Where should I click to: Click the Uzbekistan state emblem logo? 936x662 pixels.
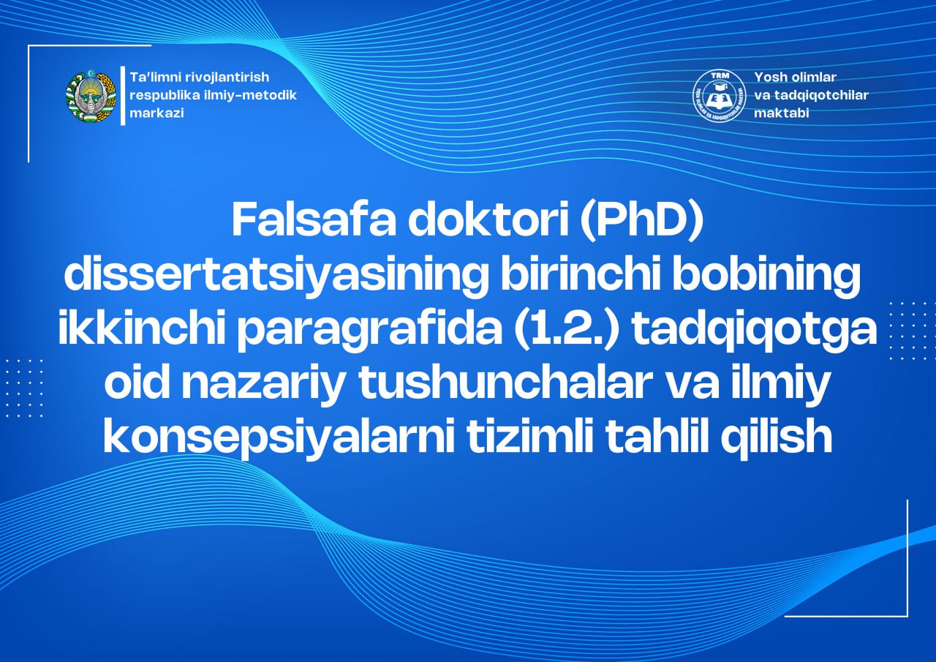(91, 97)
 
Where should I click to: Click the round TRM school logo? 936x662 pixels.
(719, 96)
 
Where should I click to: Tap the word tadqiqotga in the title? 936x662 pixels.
(754, 329)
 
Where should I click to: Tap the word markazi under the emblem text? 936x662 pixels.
(156, 113)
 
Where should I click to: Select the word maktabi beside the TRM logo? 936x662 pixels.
(782, 113)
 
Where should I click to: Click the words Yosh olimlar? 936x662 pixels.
(795, 77)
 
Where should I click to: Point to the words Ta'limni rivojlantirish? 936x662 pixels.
(200, 77)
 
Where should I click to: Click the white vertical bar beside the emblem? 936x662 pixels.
(123, 96)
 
